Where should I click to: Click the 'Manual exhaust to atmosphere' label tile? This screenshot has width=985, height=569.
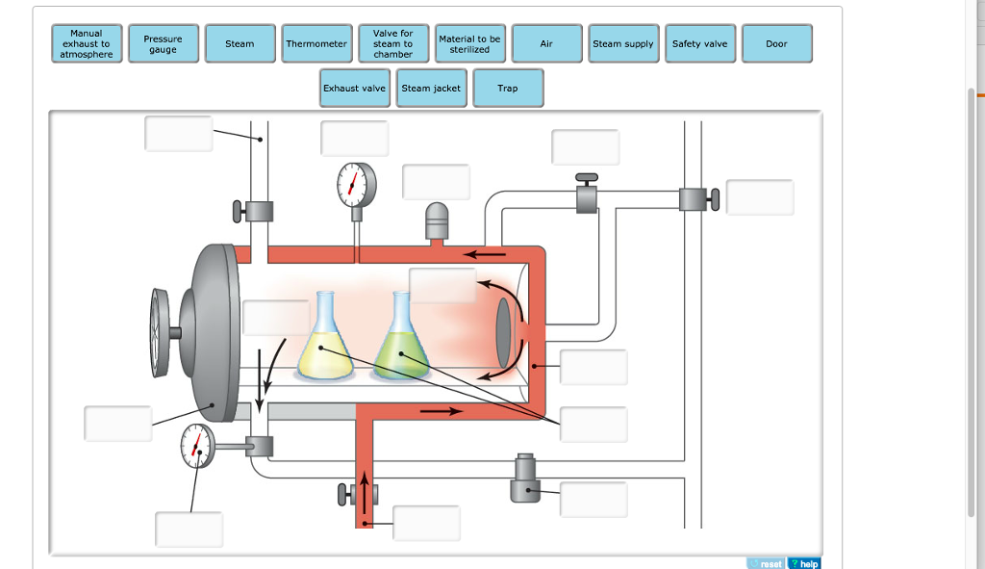pos(87,44)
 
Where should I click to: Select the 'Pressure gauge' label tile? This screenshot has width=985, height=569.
pos(163,44)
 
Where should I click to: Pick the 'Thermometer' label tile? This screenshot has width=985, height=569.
pos(316,44)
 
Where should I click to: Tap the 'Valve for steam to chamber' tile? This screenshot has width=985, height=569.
pos(392,44)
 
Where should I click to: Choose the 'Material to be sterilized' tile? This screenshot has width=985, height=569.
pos(469,44)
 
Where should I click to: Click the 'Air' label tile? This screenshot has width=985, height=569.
pos(546,44)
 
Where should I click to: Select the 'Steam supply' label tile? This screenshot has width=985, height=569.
pos(623,44)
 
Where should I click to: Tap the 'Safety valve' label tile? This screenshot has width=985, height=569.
pos(700,44)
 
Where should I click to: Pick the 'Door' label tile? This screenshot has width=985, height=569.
pos(776,44)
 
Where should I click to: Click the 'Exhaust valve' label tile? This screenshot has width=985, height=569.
pos(354,89)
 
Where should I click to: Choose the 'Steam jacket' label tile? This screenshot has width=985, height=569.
pos(431,89)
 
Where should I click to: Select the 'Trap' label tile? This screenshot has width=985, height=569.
pos(508,89)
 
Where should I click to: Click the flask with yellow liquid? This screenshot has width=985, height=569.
pos(325,342)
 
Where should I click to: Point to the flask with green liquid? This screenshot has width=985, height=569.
pos(402,342)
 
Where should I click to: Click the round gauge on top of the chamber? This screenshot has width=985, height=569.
pos(357,184)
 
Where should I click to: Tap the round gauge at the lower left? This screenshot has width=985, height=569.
pos(197,446)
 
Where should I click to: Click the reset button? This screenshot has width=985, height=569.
pos(766,563)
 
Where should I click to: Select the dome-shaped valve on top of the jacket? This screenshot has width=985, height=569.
pos(438,220)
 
